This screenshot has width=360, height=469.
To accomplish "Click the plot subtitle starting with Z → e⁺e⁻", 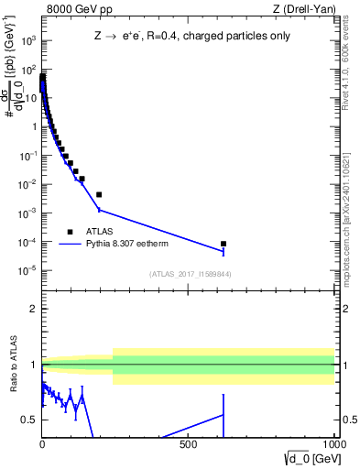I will pyautogui.click(x=188, y=38).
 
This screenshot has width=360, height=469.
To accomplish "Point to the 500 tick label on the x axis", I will pyautogui.click(x=189, y=446).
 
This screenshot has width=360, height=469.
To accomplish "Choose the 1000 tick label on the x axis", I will pyautogui.click(x=333, y=446).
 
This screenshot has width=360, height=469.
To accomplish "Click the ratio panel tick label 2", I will pyautogui.click(x=33, y=309).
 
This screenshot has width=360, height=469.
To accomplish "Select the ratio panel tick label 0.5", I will pyautogui.click(x=29, y=420).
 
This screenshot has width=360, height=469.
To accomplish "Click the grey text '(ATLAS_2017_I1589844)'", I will pyautogui.click(x=191, y=274).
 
